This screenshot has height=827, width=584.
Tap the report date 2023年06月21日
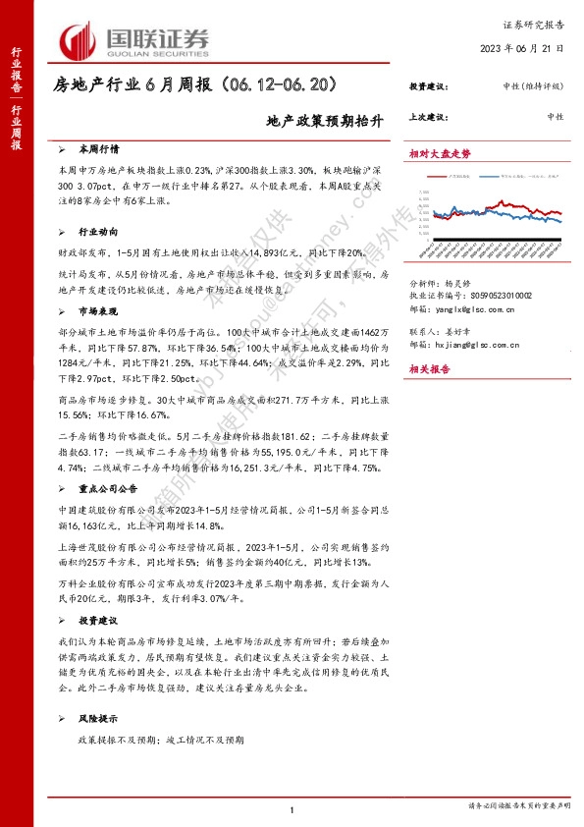pos(521,48)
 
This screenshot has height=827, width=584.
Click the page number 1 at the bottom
pos(292,807)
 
